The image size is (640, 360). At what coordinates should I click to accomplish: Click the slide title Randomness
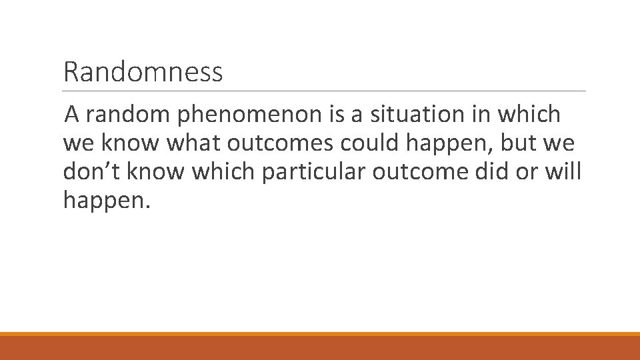click(143, 72)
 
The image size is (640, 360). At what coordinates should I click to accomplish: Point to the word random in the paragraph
click(129, 115)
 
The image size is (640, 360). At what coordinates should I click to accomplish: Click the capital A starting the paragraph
click(73, 115)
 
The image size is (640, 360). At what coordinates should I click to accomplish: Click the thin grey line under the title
click(324, 91)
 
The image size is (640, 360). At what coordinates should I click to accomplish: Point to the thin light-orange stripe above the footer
click(320, 334)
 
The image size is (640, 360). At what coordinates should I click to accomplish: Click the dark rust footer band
click(320, 348)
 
